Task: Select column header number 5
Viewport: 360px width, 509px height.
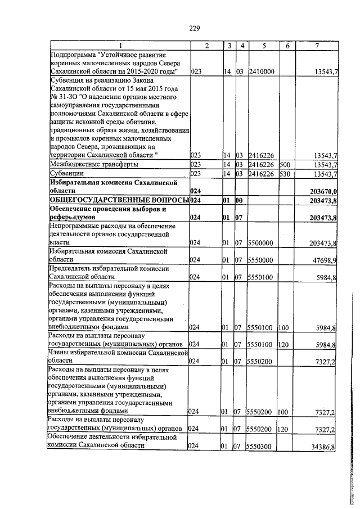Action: pos(262,46)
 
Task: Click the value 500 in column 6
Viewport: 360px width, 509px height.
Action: pos(283,164)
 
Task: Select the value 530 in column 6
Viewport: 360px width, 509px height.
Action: pos(283,174)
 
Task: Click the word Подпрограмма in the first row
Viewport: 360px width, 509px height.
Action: pos(73,55)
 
